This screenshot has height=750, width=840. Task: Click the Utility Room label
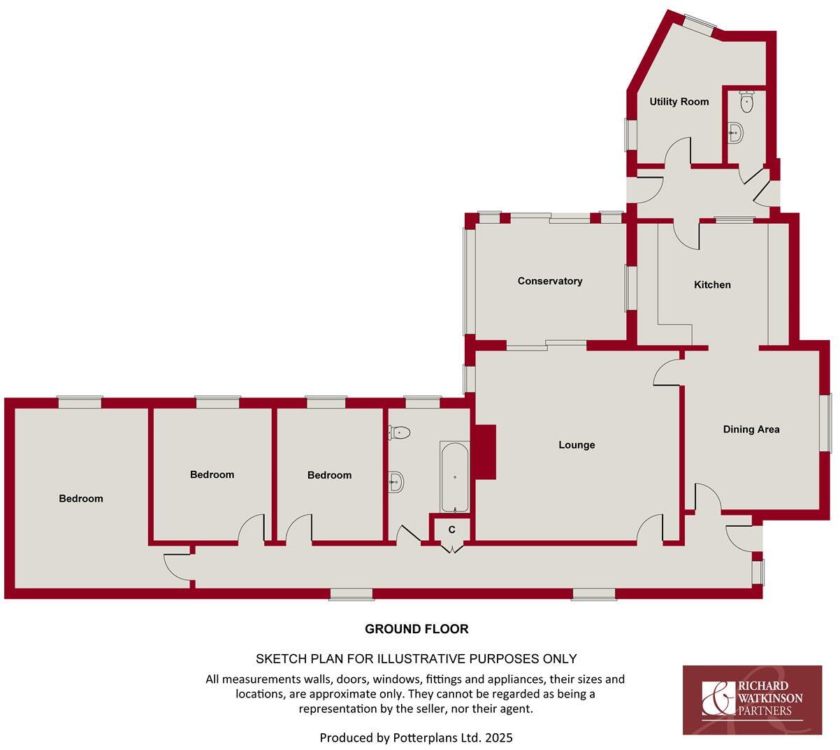(x=679, y=101)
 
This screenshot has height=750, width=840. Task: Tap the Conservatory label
(x=549, y=281)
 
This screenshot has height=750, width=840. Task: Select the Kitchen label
(x=712, y=285)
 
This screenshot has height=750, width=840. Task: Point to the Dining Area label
(x=751, y=430)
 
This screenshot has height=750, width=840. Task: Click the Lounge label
(x=577, y=445)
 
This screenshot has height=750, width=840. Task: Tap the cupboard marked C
(x=452, y=530)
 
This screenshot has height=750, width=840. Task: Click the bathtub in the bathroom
(x=455, y=477)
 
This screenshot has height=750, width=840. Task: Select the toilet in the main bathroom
(x=399, y=433)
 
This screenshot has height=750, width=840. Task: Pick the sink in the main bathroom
(x=396, y=481)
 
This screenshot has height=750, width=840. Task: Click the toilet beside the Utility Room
(x=746, y=104)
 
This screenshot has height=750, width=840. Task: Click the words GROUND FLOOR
(x=417, y=629)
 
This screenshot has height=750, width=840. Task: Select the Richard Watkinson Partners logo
(x=752, y=700)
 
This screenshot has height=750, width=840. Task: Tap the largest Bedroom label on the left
(x=81, y=499)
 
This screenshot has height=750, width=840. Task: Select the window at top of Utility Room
(x=699, y=25)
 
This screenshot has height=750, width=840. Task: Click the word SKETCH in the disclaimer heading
(x=280, y=659)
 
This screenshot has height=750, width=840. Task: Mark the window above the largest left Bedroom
(x=80, y=402)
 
